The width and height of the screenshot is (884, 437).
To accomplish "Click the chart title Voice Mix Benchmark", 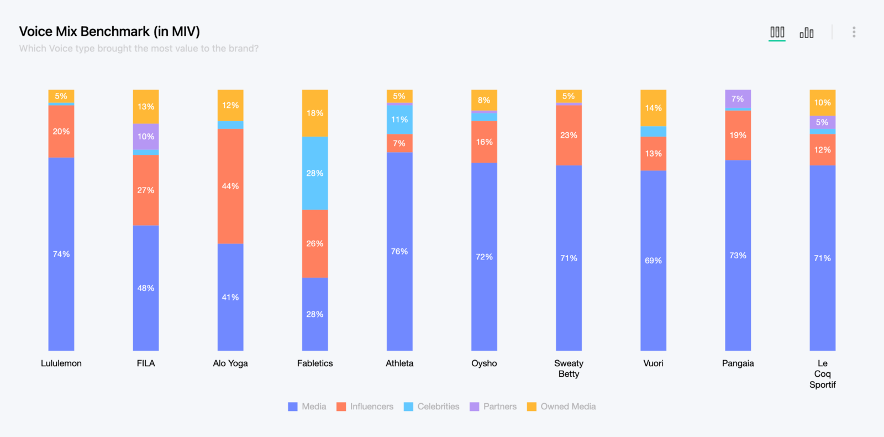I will point(109,32).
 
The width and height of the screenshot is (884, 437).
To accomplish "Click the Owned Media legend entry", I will point(561,407).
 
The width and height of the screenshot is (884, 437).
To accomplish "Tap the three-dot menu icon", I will point(854,32).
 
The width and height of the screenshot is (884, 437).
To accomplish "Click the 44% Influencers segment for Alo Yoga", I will point(230,186).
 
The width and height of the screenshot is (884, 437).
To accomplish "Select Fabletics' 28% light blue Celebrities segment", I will point(315,173).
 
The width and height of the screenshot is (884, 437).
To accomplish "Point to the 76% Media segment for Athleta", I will point(399,251).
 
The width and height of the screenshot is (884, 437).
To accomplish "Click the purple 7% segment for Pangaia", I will point(738,99).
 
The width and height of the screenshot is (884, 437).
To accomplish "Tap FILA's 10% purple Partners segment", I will point(146,137).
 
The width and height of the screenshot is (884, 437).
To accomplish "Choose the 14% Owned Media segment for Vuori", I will point(653,108).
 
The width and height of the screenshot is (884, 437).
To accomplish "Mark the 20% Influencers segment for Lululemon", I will point(61,132).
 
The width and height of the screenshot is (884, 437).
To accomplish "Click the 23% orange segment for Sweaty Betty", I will point(569,135).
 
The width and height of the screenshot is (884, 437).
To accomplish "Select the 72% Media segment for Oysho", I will point(484,257).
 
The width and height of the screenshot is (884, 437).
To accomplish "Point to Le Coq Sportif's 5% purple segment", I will point(822,122).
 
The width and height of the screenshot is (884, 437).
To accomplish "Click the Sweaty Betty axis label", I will point(569,368).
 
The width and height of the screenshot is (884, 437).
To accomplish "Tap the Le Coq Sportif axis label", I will point(822,374).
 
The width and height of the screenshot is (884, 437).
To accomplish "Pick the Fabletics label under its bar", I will point(315,363).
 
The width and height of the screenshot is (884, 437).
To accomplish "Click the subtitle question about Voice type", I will point(139,49).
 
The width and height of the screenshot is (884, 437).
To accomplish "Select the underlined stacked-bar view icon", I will point(777,32).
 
